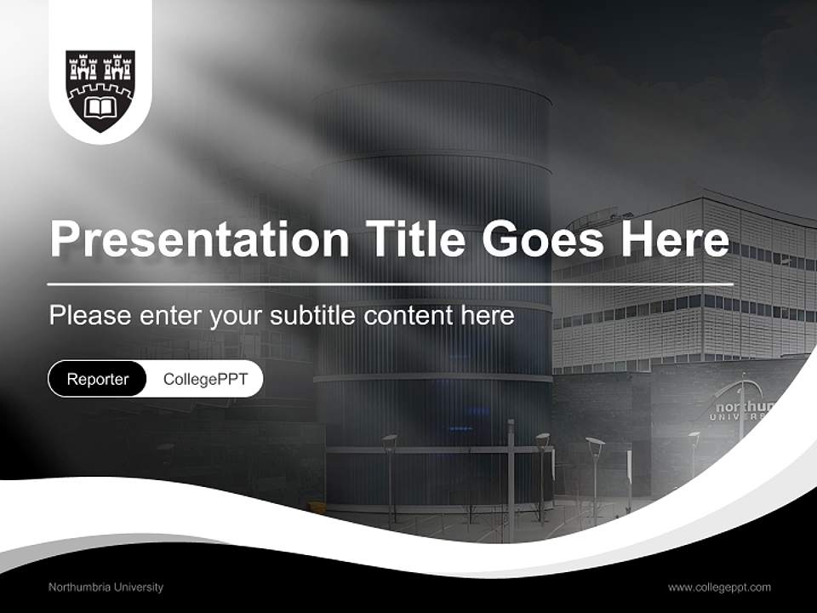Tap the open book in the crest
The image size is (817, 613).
[x=100, y=107]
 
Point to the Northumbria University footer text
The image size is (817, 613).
[x=106, y=587]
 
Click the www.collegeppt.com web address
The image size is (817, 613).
[x=719, y=587]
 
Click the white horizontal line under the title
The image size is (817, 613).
[x=391, y=284]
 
